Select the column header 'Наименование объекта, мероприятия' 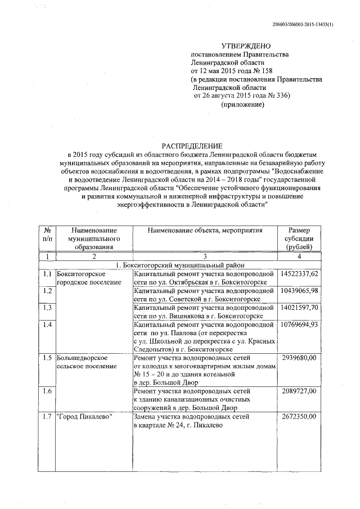[205, 231]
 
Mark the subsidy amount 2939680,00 [306, 358]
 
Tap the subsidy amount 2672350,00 [306, 416]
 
